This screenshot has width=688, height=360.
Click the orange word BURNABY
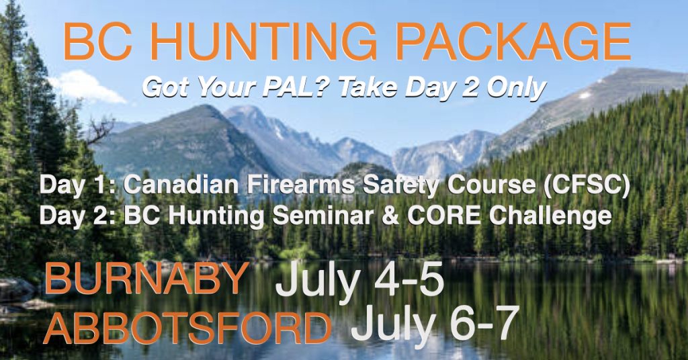point(146,280)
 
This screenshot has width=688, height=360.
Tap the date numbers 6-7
point(481,326)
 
